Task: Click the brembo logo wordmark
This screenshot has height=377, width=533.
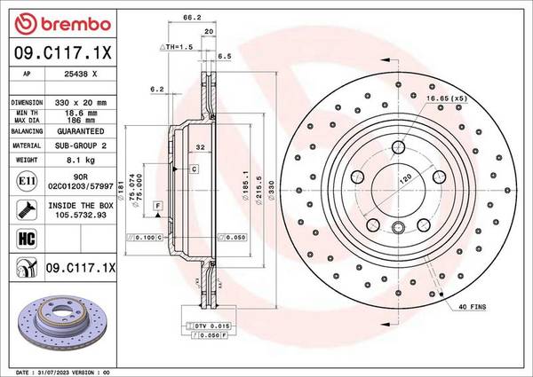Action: tap(76, 24)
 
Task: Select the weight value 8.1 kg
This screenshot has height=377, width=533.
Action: tap(81, 160)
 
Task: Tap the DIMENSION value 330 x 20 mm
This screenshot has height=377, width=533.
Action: tap(81, 103)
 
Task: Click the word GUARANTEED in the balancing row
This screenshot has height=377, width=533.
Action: tap(81, 131)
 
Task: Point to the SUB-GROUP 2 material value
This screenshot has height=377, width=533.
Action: tap(81, 145)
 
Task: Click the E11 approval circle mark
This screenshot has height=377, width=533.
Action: tap(27, 181)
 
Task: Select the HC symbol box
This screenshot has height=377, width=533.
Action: tap(27, 239)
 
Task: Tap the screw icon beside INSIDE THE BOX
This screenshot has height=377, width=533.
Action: tap(27, 209)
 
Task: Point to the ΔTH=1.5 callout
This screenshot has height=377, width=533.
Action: tap(177, 47)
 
